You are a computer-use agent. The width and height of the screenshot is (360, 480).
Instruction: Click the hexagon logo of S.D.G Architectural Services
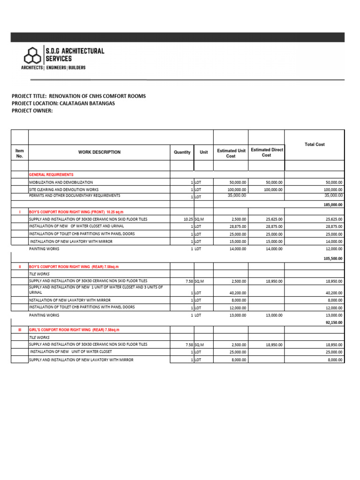tap(33, 56)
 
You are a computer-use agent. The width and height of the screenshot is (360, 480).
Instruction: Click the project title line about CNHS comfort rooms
tap(79, 96)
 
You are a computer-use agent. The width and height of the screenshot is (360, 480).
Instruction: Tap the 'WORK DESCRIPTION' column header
tap(99, 152)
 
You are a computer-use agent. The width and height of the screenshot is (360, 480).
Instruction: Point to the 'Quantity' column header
tap(182, 152)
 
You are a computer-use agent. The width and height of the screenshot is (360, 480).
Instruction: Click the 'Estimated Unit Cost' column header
tap(231, 153)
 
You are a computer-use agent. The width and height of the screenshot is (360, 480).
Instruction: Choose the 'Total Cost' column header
tap(315, 144)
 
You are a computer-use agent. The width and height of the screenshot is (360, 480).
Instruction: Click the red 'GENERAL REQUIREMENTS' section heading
tap(51, 174)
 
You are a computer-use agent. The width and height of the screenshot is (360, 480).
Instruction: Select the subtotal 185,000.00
tap(333, 205)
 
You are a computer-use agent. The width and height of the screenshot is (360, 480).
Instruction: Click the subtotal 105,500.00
tap(333, 258)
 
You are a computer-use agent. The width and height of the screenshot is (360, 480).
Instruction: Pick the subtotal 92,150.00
tap(334, 322)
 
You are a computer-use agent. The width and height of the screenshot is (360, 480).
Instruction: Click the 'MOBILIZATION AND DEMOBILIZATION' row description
tap(61, 182)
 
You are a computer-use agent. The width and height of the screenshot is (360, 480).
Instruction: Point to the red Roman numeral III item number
tap(20, 330)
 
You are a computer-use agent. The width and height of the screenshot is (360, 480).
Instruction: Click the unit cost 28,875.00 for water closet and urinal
tap(238, 226)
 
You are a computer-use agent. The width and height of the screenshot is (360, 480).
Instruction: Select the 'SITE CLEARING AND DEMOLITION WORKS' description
tap(64, 190)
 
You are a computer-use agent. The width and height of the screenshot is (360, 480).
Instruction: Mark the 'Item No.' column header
tap(20, 153)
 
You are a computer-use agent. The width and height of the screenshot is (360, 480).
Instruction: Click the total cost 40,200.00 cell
tap(334, 293)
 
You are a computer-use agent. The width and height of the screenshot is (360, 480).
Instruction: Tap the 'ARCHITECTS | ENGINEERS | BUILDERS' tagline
tap(53, 68)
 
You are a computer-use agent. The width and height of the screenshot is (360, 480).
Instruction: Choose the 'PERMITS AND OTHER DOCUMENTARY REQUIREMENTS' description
tap(75, 195)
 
